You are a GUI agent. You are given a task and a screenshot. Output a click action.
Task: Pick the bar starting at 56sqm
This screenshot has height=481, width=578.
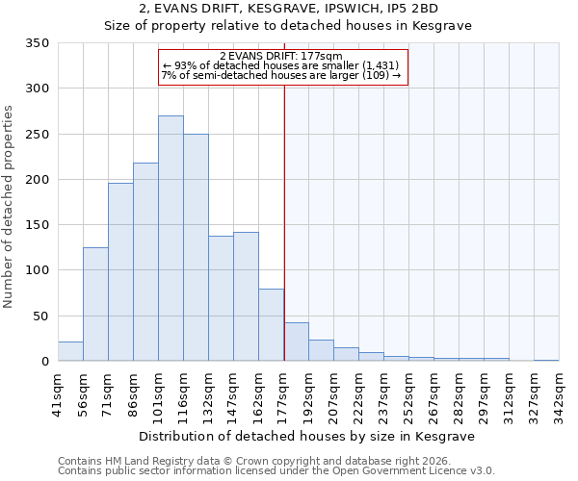95,304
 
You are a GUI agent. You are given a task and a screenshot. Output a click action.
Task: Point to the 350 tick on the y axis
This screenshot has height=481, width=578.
37,43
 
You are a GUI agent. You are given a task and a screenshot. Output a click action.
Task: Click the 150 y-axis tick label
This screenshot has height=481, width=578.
37,225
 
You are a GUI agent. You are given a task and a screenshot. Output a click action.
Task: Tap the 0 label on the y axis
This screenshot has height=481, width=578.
44,362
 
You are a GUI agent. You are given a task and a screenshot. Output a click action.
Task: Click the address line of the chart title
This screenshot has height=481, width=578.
288,10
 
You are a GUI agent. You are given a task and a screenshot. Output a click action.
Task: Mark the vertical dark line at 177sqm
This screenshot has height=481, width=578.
284,221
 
